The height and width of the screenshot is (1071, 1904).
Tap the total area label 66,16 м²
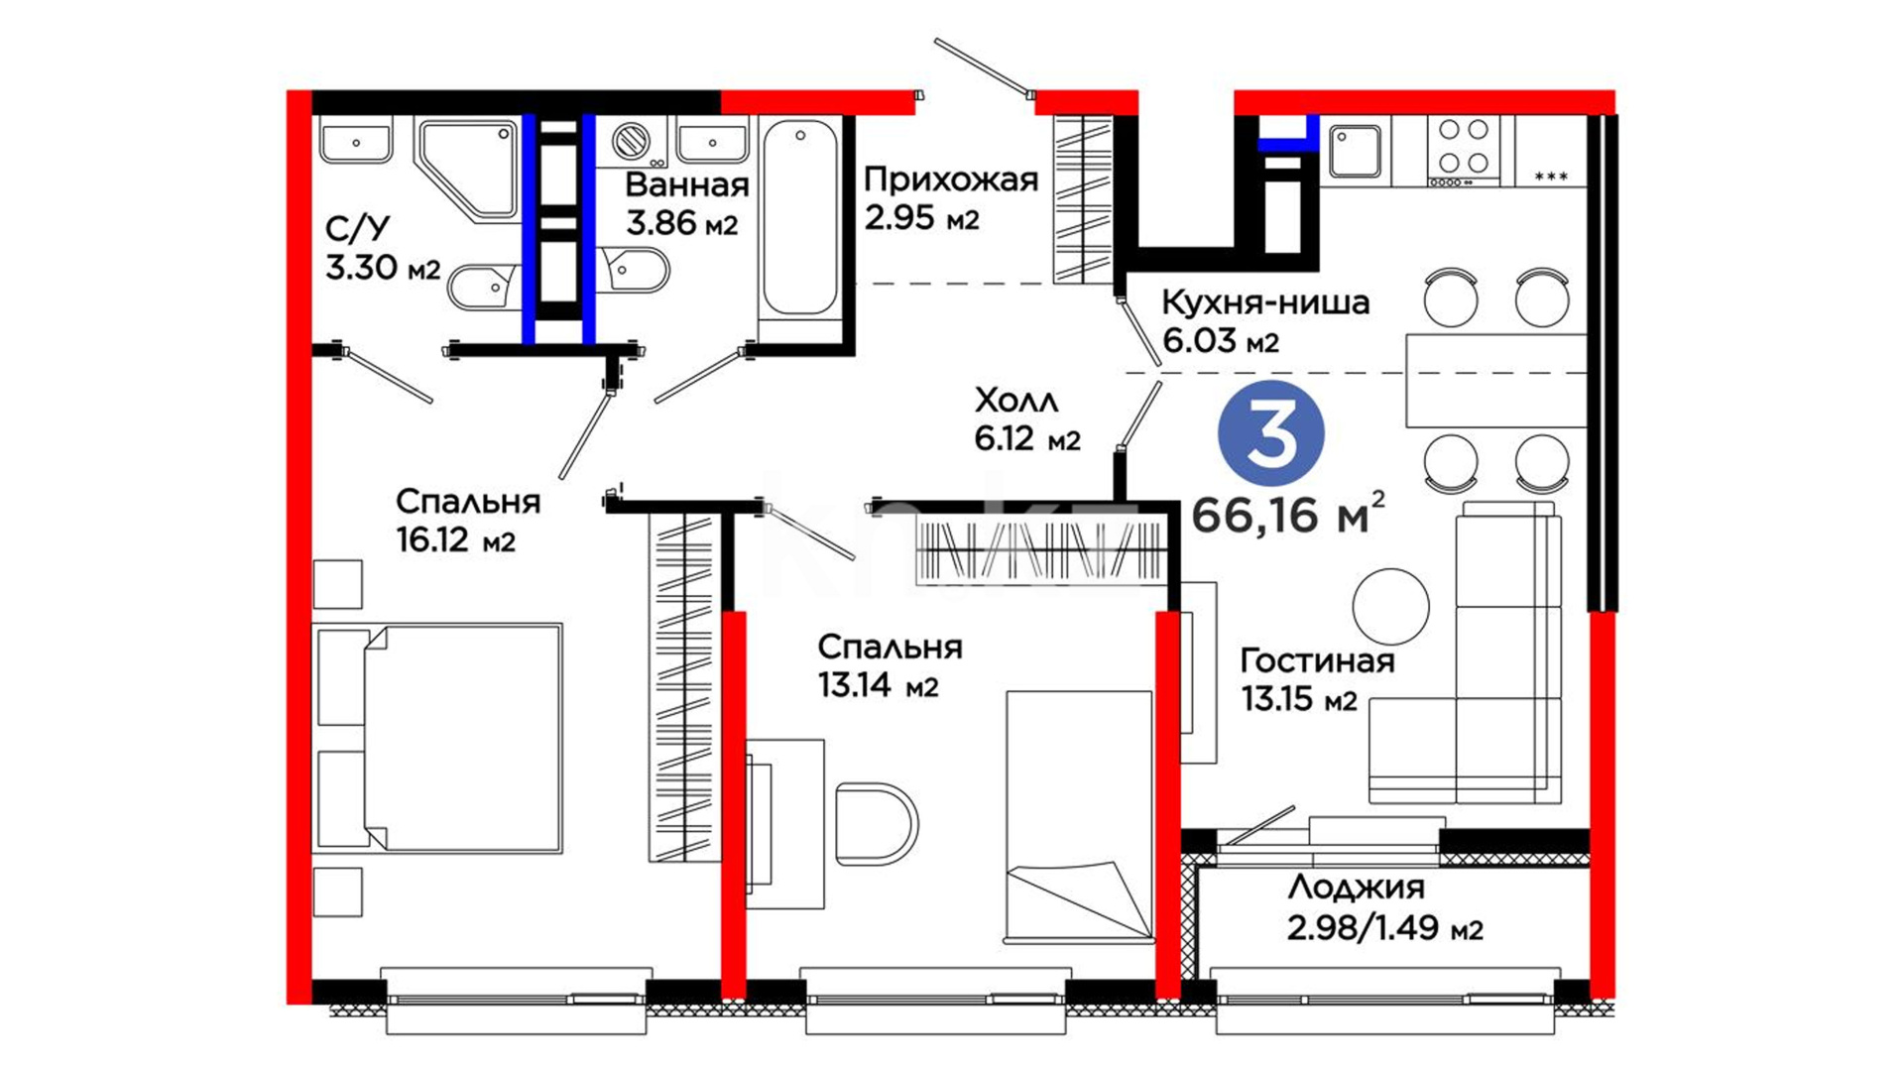pos(1287,513)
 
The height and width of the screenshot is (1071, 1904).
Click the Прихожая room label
pos(951,179)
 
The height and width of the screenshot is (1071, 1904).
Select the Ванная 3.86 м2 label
pos(686,203)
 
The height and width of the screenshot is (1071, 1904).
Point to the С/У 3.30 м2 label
pos(383,248)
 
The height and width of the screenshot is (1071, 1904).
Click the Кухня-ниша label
pos(1265,301)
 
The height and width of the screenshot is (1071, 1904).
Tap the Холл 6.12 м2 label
pos(1027,418)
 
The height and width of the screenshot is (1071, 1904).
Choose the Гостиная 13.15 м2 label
pos(1318,679)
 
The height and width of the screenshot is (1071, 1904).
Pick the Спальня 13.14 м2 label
pos(890,665)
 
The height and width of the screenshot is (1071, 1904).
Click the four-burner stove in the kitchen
pos(1464,150)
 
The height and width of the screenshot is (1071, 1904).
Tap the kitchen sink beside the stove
pos(1355,151)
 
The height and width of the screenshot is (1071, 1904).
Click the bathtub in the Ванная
pos(799,218)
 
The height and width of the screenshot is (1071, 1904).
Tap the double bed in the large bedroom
pos(438,738)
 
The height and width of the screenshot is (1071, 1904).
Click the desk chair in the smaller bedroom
pos(877,823)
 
